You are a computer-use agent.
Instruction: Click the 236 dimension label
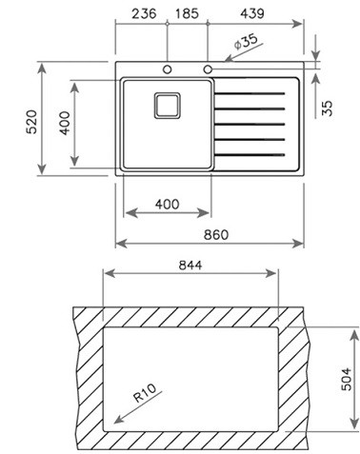point(144,13)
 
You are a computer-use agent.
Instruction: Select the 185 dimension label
point(187,13)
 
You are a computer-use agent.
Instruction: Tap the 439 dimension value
point(252,13)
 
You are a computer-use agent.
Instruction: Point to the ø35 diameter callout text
point(246,42)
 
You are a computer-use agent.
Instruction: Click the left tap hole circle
point(168,69)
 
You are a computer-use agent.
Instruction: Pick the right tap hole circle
point(208,69)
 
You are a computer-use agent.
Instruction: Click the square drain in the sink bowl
point(168,106)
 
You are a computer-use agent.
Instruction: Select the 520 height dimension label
point(31,122)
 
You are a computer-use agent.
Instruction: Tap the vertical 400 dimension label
point(65,123)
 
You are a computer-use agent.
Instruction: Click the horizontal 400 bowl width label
point(167,204)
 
